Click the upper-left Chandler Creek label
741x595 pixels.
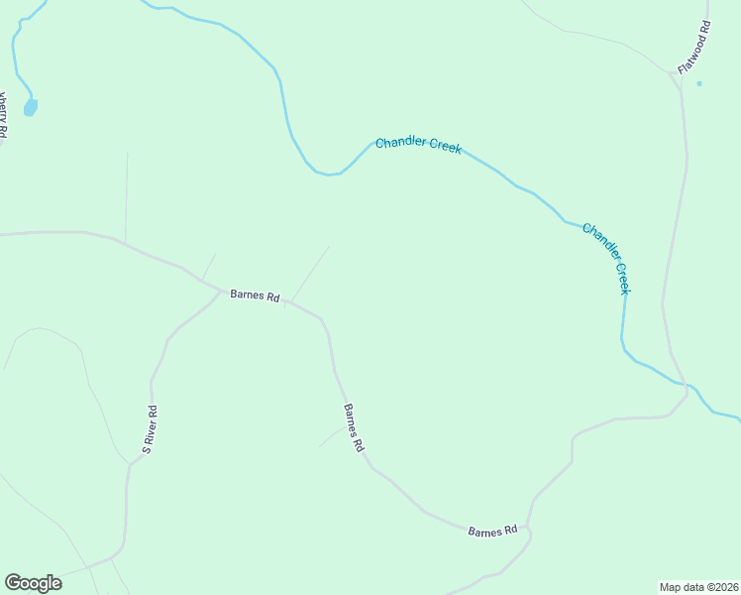coord(418,145)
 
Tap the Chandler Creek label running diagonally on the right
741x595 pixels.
coord(606,258)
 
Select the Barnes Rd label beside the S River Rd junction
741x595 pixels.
coord(255,296)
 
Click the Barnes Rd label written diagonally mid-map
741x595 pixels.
coord(354,428)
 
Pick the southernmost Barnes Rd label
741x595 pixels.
coord(493,532)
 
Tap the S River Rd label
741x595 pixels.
coord(151,429)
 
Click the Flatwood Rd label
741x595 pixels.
coord(695,48)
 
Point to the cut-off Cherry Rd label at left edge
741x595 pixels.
coord(4,115)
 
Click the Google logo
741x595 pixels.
coord(33,583)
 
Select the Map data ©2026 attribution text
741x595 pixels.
coord(698,586)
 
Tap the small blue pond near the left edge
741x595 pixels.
coord(31,106)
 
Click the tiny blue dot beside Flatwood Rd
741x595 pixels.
coord(699,83)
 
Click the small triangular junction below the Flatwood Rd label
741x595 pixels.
coord(679,80)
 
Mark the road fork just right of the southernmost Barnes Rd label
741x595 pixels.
coord(529,530)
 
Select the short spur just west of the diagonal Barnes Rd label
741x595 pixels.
coord(331,437)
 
